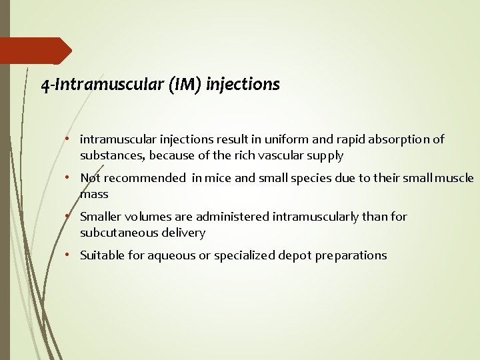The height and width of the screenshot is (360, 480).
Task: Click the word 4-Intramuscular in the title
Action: pyautogui.click(x=85, y=85)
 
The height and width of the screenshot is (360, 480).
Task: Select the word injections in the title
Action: pyautogui.click(x=243, y=85)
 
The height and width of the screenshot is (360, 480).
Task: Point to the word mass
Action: pyautogui.click(x=94, y=195)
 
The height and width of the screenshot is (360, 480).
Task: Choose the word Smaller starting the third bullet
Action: pyautogui.click(x=101, y=217)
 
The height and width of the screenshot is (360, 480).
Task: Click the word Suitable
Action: pyautogui.click(x=101, y=255)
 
